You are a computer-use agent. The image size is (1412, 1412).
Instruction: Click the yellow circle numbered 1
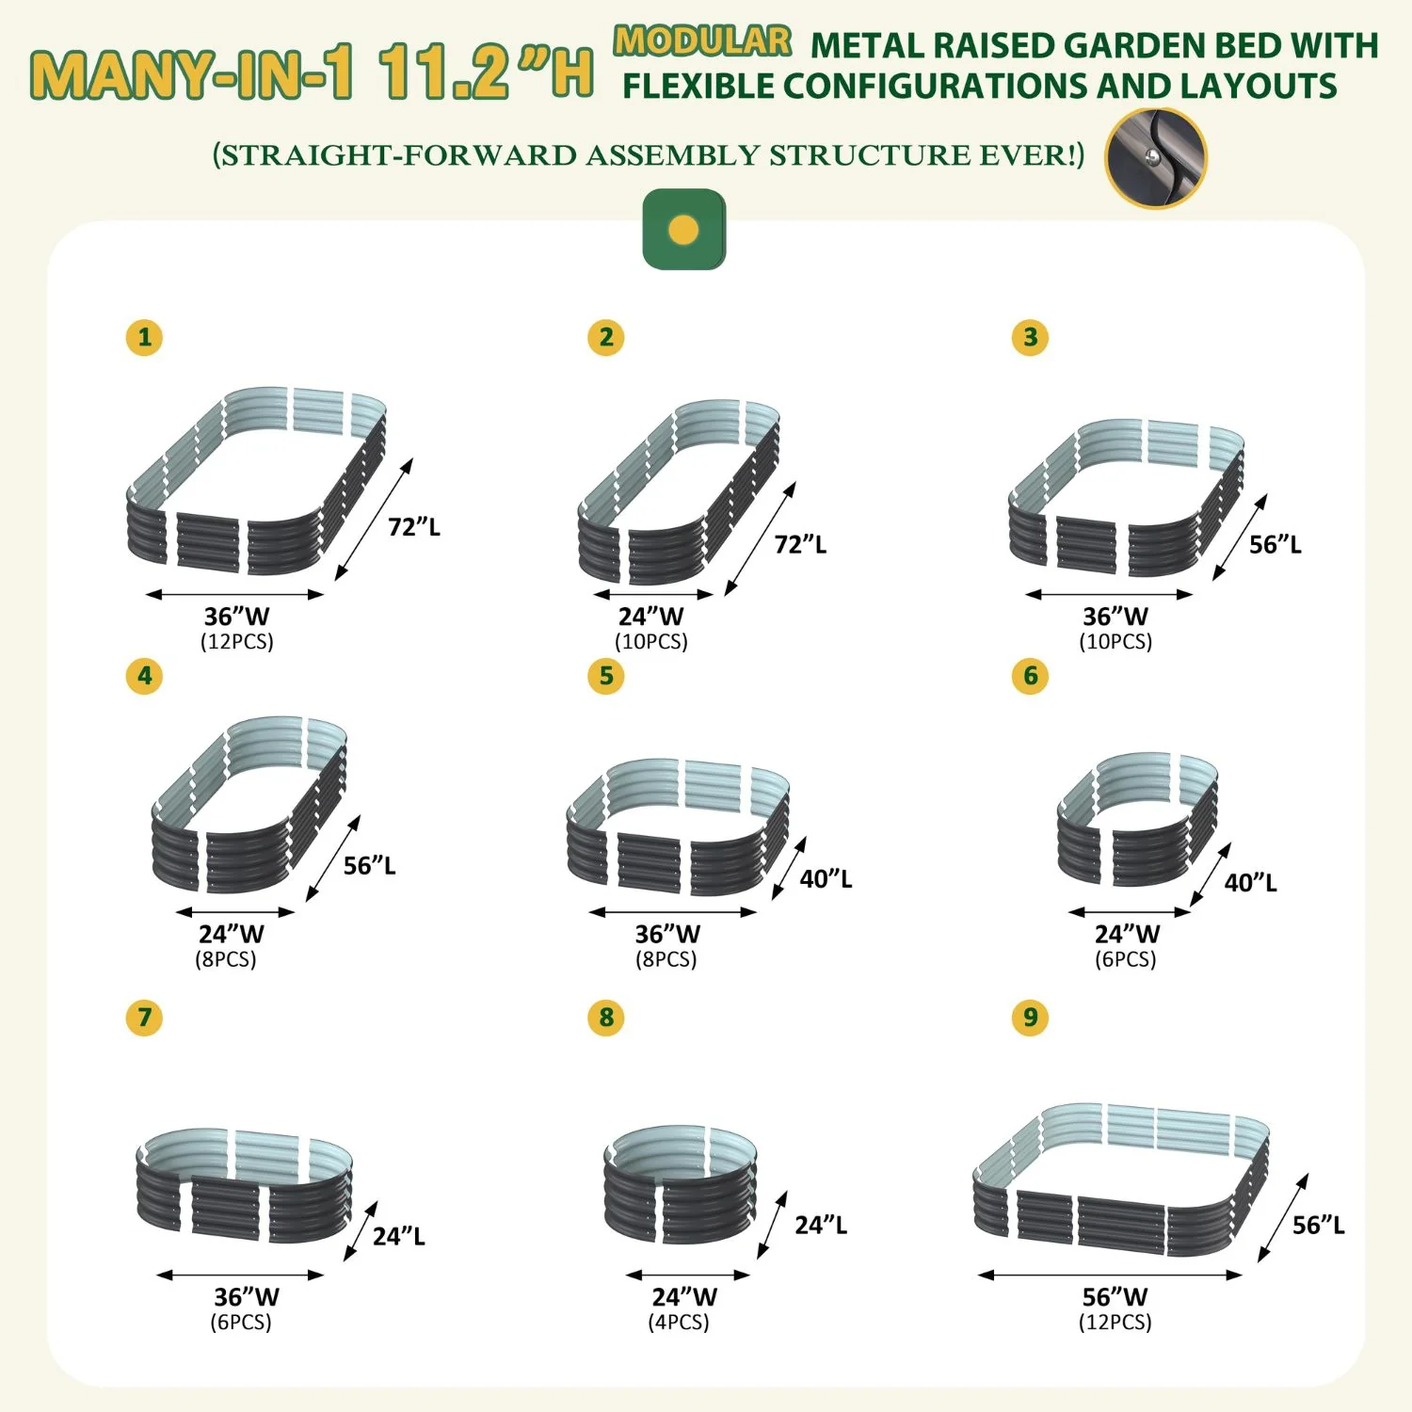tap(144, 337)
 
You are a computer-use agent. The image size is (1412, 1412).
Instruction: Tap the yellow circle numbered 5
tap(605, 676)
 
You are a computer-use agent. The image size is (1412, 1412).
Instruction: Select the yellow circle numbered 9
tap(1030, 1017)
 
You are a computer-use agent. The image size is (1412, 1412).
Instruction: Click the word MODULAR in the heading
tap(702, 40)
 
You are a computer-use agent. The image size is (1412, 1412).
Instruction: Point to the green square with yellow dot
tap(684, 230)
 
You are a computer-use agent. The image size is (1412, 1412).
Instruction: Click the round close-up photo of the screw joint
tap(1155, 158)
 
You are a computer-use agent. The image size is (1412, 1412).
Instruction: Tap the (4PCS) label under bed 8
tap(679, 1322)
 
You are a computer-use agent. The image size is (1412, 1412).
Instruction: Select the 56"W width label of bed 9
tap(1115, 1296)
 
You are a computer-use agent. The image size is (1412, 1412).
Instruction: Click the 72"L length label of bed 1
tap(414, 526)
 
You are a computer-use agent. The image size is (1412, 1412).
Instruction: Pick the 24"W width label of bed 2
tap(650, 616)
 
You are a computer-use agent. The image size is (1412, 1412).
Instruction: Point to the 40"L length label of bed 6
tap(1250, 882)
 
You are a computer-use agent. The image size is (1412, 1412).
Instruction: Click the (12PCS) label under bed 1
tap(236, 641)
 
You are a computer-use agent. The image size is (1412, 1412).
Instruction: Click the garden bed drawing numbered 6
tap(1137, 819)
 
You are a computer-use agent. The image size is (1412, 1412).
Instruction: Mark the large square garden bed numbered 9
tap(1122, 1180)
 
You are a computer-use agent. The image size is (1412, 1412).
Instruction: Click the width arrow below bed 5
tap(673, 911)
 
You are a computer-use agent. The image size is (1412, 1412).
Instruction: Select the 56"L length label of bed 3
tap(1276, 544)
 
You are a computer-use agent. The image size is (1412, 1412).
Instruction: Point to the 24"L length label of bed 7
tap(399, 1236)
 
